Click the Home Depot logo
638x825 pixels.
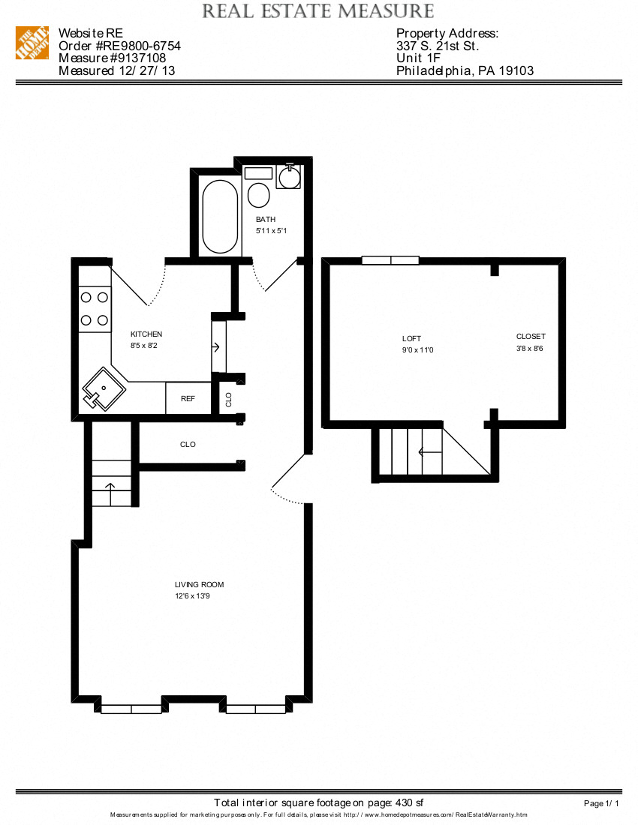pos(33,43)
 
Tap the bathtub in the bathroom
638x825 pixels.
pos(220,217)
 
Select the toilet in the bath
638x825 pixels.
pos(259,196)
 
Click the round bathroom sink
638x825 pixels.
pos(289,177)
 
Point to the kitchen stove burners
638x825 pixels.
pos(95,308)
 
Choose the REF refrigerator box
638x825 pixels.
pos(188,398)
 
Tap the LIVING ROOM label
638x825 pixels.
pos(199,585)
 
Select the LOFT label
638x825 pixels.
pos(411,339)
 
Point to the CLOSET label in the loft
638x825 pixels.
pos(531,337)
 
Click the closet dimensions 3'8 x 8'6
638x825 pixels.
pos(531,349)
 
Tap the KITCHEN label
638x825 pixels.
pos(146,334)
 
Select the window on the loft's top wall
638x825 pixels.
pos(390,260)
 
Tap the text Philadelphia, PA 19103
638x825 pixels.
pos(465,71)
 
